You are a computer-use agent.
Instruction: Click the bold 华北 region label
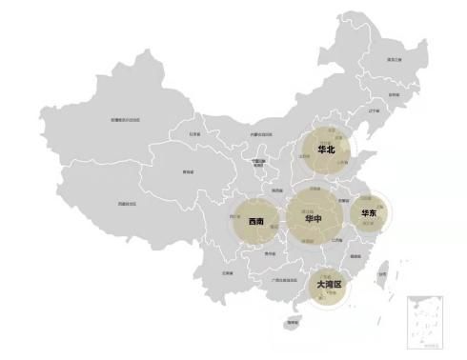click(x=326, y=150)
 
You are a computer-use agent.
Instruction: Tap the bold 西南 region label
click(x=255, y=222)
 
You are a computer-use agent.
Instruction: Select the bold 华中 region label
click(x=313, y=219)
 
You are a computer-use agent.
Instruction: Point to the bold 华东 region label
click(x=368, y=214)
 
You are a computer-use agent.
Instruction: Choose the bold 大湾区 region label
click(x=328, y=284)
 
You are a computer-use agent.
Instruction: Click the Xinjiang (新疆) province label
click(x=125, y=120)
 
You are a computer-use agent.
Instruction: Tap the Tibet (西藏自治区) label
click(x=127, y=203)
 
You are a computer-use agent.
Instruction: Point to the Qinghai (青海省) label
click(x=188, y=172)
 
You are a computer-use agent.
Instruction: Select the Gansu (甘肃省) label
click(x=194, y=135)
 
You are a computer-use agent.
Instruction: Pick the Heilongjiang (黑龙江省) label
click(x=392, y=60)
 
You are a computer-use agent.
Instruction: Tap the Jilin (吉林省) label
click(x=394, y=95)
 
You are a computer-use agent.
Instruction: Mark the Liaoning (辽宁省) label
click(x=374, y=110)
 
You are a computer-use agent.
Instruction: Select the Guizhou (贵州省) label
click(x=270, y=254)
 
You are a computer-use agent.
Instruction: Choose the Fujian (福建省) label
click(x=355, y=255)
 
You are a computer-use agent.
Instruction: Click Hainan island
click(x=291, y=323)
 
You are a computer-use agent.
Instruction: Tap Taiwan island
click(x=381, y=276)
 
